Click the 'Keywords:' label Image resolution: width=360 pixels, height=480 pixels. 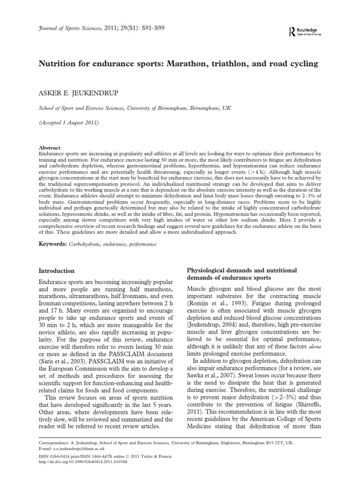[51, 244]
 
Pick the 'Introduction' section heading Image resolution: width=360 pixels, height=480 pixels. [56, 271]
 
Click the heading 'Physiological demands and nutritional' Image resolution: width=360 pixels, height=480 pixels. [242, 271]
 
